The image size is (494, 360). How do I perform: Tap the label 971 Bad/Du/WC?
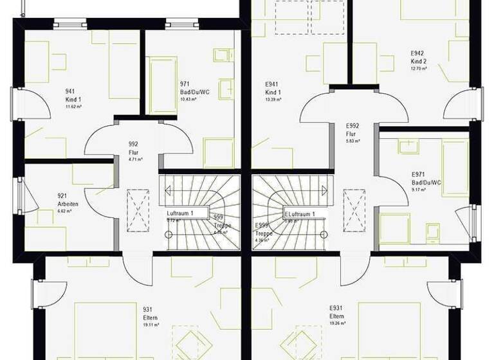click(194, 88)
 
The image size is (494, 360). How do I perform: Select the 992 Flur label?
click(133, 148)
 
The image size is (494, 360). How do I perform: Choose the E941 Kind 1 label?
click(273, 88)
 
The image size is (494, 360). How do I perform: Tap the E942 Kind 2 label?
click(419, 57)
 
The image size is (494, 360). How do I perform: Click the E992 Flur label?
click(352, 129)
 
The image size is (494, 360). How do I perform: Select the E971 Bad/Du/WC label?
click(426, 178)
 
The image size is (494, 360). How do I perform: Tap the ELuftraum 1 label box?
click(300, 213)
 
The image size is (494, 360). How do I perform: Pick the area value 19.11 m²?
click(151, 325)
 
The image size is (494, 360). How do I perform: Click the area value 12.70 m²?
click(419, 68)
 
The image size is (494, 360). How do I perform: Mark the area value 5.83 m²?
click(352, 139)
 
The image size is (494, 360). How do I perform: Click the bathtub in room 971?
click(163, 84)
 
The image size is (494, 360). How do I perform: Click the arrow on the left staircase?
click(169, 190)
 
